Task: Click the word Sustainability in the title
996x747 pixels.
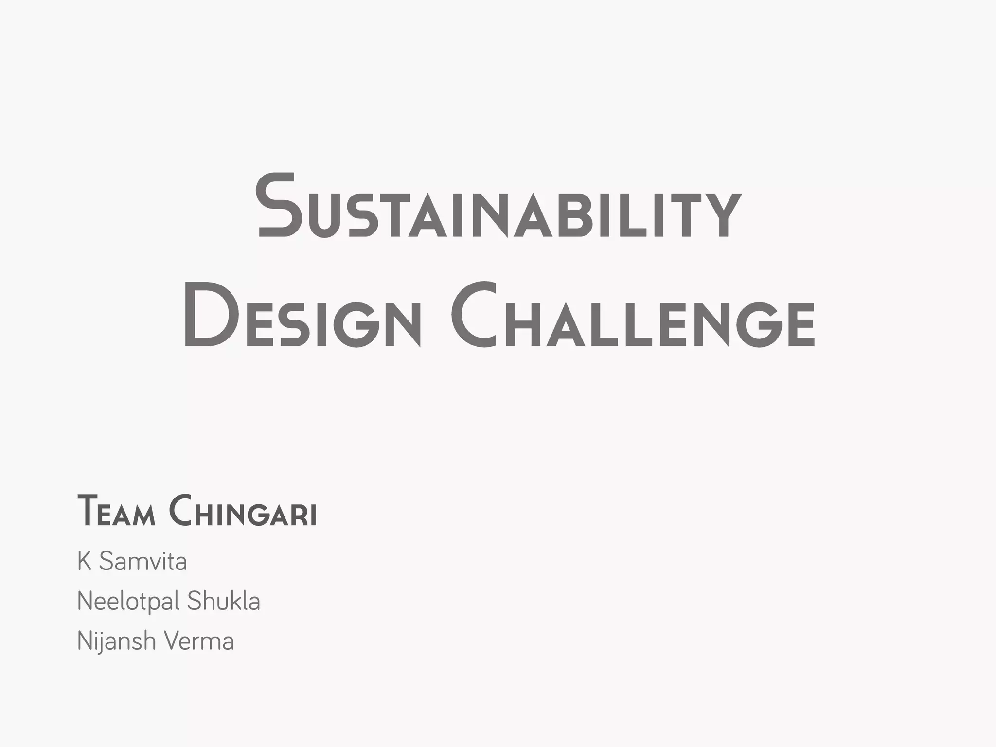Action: [498, 207]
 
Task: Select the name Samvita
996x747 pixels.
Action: [143, 562]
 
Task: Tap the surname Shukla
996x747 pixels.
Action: [224, 601]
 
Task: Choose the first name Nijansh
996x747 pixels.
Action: [116, 641]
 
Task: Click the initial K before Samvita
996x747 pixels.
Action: [84, 562]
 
